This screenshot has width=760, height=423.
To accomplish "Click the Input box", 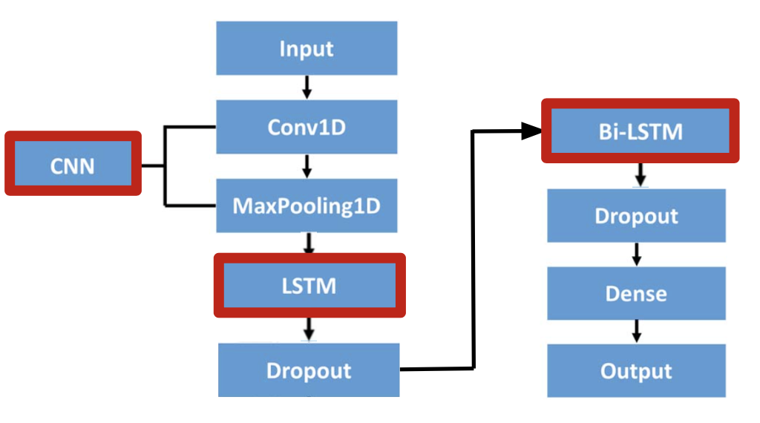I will [x=307, y=48].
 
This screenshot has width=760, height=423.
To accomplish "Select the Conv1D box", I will [x=307, y=127].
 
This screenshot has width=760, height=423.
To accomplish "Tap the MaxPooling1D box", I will [x=307, y=206].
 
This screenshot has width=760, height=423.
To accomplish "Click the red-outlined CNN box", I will [x=73, y=164].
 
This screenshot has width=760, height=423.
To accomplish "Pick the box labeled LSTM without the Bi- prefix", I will [x=309, y=285].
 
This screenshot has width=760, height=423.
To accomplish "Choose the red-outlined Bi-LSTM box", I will [x=641, y=131].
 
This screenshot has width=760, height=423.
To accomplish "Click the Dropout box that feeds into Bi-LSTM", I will [x=309, y=370].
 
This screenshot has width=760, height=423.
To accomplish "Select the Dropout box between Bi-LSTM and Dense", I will [x=636, y=215].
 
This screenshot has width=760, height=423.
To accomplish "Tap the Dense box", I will [x=636, y=293].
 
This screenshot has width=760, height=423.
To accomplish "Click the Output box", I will [x=636, y=370].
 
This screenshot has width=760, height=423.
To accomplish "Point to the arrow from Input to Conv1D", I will [x=307, y=88].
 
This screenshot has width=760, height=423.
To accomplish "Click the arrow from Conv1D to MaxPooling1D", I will [x=307, y=166].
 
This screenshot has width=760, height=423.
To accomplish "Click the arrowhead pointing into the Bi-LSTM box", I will [x=531, y=131].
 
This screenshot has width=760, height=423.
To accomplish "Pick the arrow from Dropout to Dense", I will [x=636, y=254].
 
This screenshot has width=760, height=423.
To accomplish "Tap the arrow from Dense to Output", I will [x=636, y=331].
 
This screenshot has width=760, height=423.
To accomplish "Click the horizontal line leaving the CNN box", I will [x=152, y=165].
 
